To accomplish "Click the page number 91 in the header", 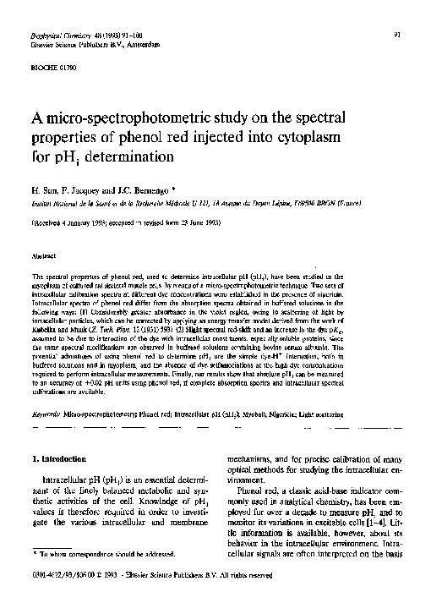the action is (x=397, y=35).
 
